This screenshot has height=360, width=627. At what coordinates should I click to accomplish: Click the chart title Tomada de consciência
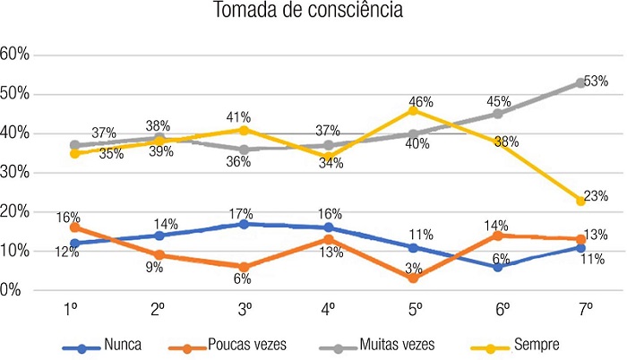[x=313, y=13]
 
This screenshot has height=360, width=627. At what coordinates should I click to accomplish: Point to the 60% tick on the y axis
[x=16, y=55]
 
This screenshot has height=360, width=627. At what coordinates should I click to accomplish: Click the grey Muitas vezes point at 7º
[x=580, y=82]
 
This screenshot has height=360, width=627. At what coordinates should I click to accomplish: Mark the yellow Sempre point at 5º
[x=415, y=109]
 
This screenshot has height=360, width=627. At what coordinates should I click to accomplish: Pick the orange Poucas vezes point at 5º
[x=415, y=279]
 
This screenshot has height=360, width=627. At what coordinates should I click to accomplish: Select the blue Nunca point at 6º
[x=498, y=267]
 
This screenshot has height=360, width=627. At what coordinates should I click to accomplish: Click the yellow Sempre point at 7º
[x=580, y=201]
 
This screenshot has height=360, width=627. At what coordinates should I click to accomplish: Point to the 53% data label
[x=597, y=81]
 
